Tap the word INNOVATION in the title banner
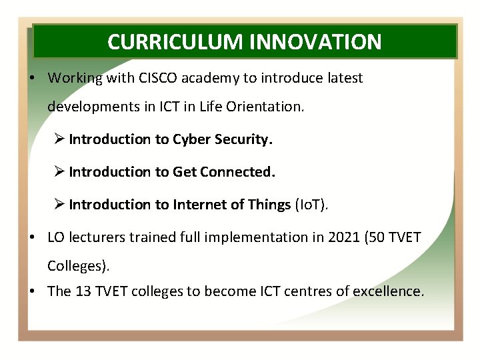tap(315, 42)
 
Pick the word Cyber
tap(191, 139)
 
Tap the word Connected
tap(237, 172)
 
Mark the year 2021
tap(344, 237)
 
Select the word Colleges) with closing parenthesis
tap(78, 266)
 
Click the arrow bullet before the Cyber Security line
tap(59, 139)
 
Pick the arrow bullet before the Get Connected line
tap(59, 172)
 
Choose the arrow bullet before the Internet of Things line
tap(59, 205)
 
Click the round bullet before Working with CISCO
tap(32, 78)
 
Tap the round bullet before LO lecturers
tap(32, 237)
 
